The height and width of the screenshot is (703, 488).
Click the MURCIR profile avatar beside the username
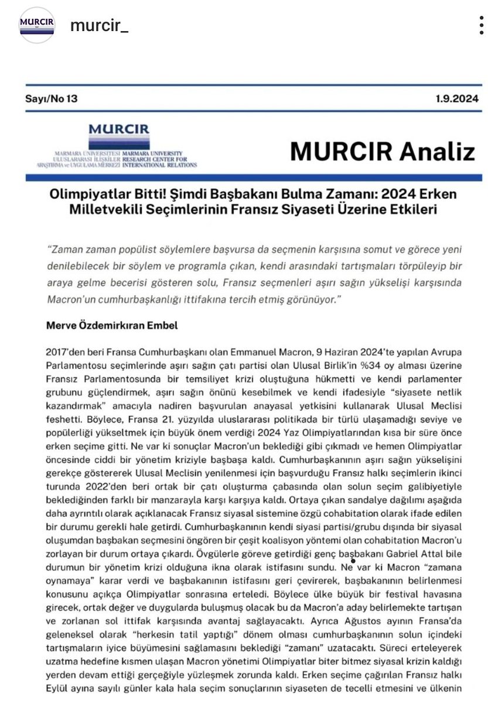[x=36, y=26]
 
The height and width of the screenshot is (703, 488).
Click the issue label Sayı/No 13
[x=51, y=98]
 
